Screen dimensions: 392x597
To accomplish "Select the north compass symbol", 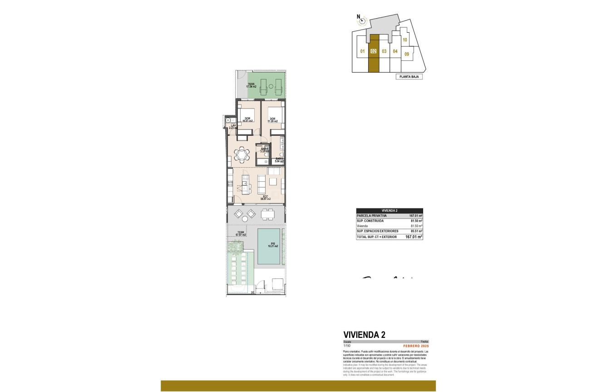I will click(x=361, y=20).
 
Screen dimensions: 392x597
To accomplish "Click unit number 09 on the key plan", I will click(x=407, y=55).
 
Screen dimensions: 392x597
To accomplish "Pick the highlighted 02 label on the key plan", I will click(x=373, y=51).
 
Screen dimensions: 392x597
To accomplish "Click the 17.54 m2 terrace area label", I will click(x=252, y=85).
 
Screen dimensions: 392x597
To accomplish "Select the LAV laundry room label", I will click(x=233, y=127).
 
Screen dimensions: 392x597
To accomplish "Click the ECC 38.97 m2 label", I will click(x=265, y=198).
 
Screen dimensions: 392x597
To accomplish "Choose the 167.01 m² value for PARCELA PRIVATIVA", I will click(x=415, y=216).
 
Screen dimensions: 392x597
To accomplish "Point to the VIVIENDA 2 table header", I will click(x=389, y=210).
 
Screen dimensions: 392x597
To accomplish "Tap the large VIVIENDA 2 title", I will click(x=365, y=335).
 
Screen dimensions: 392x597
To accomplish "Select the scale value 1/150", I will click(x=347, y=346).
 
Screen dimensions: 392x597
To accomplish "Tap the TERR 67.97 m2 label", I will click(x=241, y=234).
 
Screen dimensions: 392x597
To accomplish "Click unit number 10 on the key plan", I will click(x=405, y=40).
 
